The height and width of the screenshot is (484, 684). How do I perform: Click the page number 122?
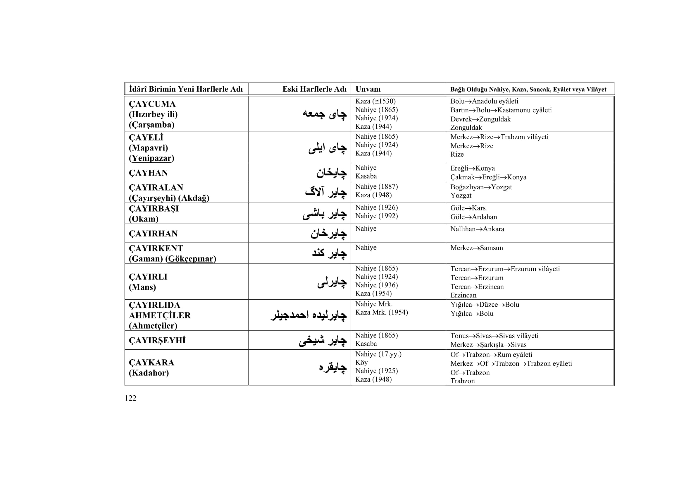click(x=130, y=398)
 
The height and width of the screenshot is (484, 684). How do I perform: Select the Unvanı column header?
click(x=368, y=89)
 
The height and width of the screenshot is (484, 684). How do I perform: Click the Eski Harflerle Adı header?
click(x=314, y=89)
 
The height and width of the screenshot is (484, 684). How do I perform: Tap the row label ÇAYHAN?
click(x=148, y=173)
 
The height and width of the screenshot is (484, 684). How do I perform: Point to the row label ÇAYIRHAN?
click(x=153, y=234)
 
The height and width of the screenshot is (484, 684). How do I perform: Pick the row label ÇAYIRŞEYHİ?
click(x=157, y=340)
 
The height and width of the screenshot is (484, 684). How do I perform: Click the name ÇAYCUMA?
click(x=152, y=104)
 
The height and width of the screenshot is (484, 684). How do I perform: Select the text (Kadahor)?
click(x=149, y=373)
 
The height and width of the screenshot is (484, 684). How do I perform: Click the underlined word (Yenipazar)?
click(x=151, y=158)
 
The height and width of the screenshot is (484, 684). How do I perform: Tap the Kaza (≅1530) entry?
click(x=375, y=101)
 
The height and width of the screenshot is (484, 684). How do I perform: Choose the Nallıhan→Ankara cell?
click(x=477, y=229)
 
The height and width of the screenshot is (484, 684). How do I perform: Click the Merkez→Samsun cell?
click(x=476, y=248)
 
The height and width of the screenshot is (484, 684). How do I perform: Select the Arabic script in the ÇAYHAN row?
click(x=331, y=173)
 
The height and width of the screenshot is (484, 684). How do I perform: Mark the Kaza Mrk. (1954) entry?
click(x=381, y=312)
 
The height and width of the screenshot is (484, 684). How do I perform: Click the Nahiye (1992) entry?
click(x=377, y=216)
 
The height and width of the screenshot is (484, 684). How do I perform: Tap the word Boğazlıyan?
click(x=467, y=187)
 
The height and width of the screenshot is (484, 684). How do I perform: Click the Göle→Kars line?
click(x=468, y=208)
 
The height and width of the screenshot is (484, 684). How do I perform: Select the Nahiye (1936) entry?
click(x=377, y=285)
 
